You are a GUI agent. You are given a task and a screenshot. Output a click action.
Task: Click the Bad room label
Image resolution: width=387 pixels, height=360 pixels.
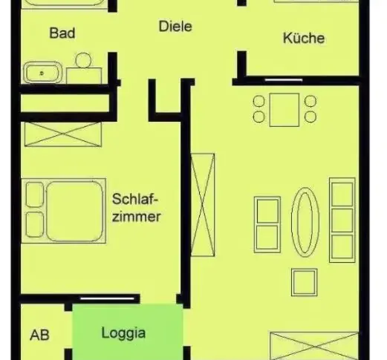coord(62,33)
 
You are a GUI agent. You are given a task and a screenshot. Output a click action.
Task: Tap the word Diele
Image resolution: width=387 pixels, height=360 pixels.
coord(175,26)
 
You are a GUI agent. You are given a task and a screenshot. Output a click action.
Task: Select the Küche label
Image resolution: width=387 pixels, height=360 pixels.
coord(304,38)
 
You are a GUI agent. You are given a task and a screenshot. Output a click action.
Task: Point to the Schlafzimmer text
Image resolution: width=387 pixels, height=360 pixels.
coord(136,208)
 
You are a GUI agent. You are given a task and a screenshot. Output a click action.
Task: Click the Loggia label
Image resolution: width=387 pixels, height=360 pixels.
coord(123,333)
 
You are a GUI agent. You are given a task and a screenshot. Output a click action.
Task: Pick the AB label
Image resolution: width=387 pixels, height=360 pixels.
coord(39,336)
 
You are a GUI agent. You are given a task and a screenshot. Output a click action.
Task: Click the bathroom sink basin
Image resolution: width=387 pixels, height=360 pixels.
coord(42,73)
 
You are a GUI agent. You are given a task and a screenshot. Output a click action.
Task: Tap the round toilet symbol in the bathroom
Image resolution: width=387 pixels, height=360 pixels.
coord(83,60)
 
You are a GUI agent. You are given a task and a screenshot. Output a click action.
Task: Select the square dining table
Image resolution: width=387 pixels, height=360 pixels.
coord(284,110)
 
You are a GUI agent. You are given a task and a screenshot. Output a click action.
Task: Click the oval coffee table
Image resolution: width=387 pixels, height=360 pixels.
coord(305,222)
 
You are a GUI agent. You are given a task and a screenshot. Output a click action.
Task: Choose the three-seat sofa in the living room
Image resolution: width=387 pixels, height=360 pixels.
coord(342,220)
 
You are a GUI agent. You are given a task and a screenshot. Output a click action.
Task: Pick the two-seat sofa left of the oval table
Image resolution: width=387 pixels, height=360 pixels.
coord(267,225)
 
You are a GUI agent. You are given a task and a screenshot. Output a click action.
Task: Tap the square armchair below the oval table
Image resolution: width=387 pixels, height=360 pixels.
coord(305,282)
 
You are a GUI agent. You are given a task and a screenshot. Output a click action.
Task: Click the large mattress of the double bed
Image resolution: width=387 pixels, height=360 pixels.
coord(74,211)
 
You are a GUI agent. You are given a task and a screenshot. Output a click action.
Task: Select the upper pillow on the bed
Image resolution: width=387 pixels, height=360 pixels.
coord(35,194)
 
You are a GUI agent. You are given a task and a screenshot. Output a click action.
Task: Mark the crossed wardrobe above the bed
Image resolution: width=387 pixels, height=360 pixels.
coord(63,134)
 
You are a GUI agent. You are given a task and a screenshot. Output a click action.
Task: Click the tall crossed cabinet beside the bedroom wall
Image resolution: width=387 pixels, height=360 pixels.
coord(203,205)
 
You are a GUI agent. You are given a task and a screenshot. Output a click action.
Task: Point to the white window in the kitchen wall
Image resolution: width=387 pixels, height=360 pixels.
coord(284,80)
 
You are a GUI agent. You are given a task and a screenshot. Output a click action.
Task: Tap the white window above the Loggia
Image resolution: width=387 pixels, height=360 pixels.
coord(107,298)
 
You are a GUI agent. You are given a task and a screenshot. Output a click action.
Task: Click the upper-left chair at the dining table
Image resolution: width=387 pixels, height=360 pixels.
coord(259,102)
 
